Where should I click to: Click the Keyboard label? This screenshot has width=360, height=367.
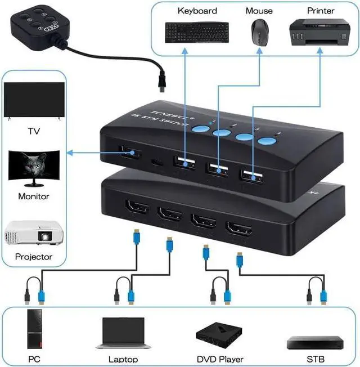point(197,10)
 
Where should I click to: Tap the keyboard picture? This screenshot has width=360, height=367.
point(197,32)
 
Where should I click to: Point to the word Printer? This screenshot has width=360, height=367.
point(321,10)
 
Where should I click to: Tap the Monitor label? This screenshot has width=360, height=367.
point(34,196)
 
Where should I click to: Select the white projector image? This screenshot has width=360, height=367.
point(34,234)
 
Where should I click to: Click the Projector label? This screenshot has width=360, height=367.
point(34,257)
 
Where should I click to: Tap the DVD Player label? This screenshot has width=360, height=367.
point(219,359)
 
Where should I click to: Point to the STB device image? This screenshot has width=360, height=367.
point(309,342)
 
